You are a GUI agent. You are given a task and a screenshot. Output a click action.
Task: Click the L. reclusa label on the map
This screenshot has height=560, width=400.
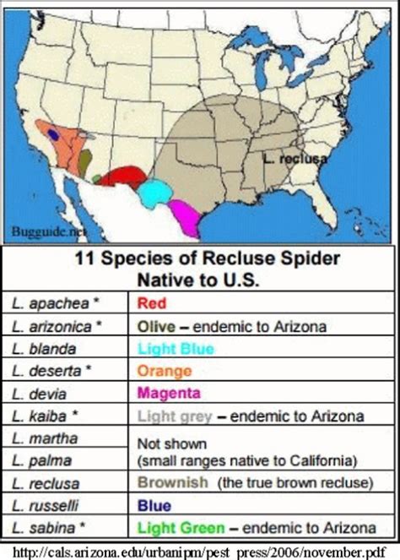295,157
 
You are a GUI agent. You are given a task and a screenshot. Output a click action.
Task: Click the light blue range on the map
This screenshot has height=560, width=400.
154,193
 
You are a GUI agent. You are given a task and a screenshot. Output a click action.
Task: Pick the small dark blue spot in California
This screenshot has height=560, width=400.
54,133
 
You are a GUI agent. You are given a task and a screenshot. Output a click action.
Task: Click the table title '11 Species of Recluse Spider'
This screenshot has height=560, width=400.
199,260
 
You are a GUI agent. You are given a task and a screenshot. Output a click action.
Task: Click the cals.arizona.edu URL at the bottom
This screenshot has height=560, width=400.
199,551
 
